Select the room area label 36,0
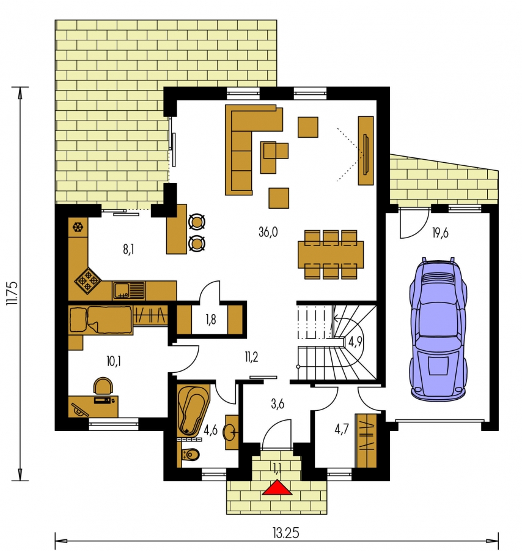[268, 232]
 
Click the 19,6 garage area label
[440, 233]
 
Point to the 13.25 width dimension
[286, 533]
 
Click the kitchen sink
[129, 291]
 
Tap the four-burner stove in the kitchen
[87, 280]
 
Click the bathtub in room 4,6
[193, 410]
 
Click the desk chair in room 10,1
[103, 386]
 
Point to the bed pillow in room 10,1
[78, 320]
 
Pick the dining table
[331, 254]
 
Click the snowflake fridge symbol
[78, 227]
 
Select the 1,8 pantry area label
[210, 320]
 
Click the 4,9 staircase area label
[355, 341]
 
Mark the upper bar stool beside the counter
[196, 222]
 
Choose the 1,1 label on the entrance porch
[277, 467]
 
